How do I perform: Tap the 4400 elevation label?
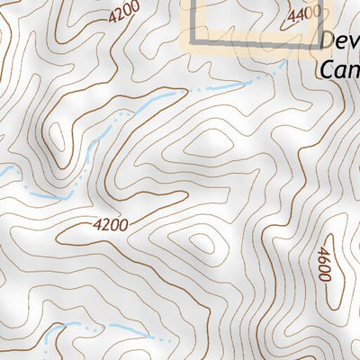305,14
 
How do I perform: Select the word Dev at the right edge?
339,43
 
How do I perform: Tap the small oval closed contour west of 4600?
202,244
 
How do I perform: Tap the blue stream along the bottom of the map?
99,331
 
